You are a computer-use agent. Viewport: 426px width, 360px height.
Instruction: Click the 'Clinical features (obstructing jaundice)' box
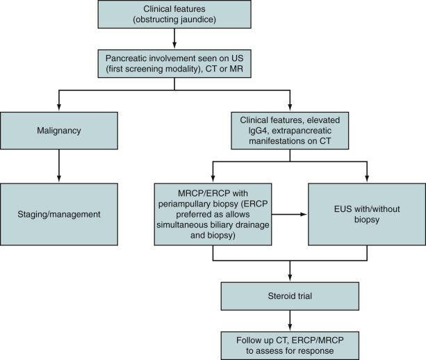coord(174,14)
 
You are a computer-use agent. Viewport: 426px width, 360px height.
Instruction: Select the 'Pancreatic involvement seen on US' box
coord(174,63)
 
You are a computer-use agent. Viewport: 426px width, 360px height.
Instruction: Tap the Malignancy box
coord(59,131)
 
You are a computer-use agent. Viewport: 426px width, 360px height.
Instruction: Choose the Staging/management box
coord(59,214)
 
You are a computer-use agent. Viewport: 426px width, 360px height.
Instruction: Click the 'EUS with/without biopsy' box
coord(367,214)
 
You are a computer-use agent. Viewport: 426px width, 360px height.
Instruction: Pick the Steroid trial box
coord(290,296)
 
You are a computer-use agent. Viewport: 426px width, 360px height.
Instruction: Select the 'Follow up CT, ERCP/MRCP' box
coord(290,345)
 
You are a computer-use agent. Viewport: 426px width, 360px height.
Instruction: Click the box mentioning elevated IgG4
coord(290,131)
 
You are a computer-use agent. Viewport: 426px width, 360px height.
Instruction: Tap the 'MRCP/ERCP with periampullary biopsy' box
coord(213,214)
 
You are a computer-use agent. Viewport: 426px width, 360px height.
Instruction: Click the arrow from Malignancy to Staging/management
coord(59,165)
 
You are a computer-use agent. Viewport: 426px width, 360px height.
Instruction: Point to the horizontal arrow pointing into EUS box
coord(289,214)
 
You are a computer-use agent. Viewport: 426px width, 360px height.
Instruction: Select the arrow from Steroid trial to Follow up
coord(290,320)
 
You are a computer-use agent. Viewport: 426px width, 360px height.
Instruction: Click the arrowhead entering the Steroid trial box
coord(290,278)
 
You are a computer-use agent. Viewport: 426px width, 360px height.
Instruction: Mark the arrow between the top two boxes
coord(174,39)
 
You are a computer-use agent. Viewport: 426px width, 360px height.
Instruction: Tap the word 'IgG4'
coord(258,131)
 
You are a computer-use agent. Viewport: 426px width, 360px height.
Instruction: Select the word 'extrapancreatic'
coord(302,131)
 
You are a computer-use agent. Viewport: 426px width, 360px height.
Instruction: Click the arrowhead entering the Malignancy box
coord(59,107)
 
